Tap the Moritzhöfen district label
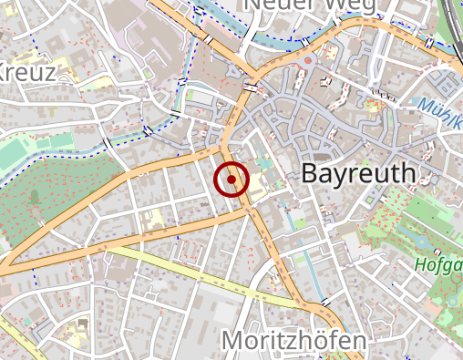tap(294, 342)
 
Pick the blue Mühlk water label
tap(442, 107)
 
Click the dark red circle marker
tap(231, 180)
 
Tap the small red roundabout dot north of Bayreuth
tap(309, 62)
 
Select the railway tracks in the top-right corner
tap(453, 23)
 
